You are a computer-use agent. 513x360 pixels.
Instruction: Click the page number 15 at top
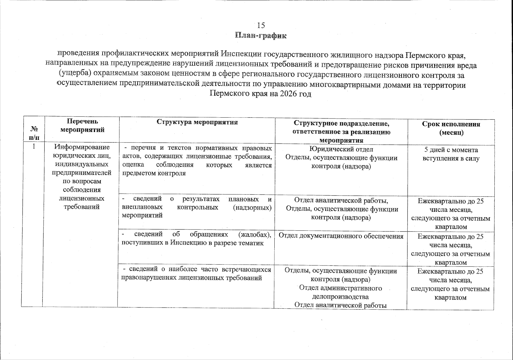(x=261, y=25)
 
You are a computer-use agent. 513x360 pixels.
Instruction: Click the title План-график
(x=261, y=36)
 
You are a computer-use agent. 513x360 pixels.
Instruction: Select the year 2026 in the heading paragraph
(x=288, y=94)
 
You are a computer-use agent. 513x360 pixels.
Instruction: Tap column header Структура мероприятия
(x=197, y=122)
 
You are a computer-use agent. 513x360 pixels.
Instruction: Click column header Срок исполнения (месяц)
(x=451, y=128)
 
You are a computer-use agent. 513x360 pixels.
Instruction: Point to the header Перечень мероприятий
(x=82, y=125)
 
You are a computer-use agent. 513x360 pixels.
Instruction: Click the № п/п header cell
(x=34, y=133)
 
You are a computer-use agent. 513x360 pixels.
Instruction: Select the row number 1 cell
(x=34, y=147)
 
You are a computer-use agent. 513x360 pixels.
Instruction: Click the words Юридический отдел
(x=341, y=149)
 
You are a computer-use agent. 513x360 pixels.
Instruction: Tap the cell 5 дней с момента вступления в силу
(x=451, y=154)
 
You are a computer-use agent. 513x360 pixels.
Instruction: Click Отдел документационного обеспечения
(x=341, y=236)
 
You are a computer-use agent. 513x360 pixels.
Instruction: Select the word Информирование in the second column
(x=82, y=147)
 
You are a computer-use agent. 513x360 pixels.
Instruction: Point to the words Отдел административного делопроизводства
(x=341, y=292)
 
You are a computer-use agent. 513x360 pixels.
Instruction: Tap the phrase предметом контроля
(x=154, y=173)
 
